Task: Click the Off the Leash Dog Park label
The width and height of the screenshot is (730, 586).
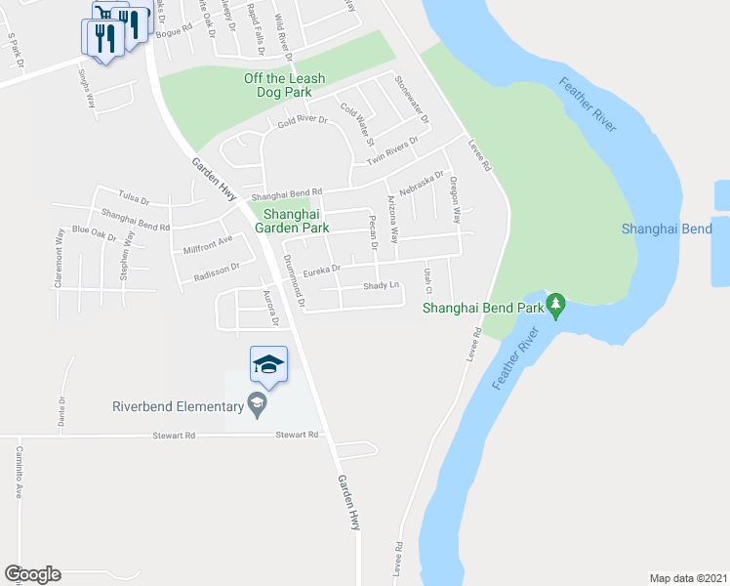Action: pos(284,85)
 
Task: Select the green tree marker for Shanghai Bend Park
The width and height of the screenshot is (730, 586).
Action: pos(556,305)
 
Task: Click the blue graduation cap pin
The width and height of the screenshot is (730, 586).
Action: pos(268,365)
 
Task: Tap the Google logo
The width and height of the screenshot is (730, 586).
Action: pos(32,574)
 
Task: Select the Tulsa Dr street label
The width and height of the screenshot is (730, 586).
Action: pos(133,199)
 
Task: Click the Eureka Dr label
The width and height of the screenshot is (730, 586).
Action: pos(321,269)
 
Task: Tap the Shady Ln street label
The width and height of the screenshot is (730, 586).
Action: pos(382,286)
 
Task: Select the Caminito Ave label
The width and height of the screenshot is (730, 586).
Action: pos(19,473)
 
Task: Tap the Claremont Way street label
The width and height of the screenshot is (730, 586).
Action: pos(60,257)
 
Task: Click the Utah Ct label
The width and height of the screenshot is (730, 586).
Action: pos(426,280)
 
